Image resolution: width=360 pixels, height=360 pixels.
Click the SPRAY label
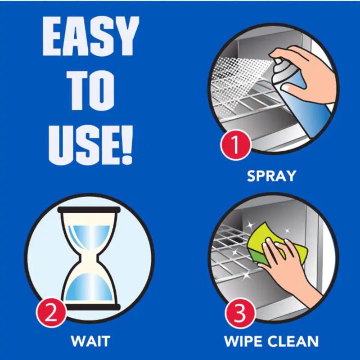(x=271, y=175)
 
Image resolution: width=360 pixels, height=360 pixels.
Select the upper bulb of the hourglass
(x=90, y=234)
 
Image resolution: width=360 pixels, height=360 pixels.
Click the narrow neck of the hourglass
(x=90, y=260)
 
